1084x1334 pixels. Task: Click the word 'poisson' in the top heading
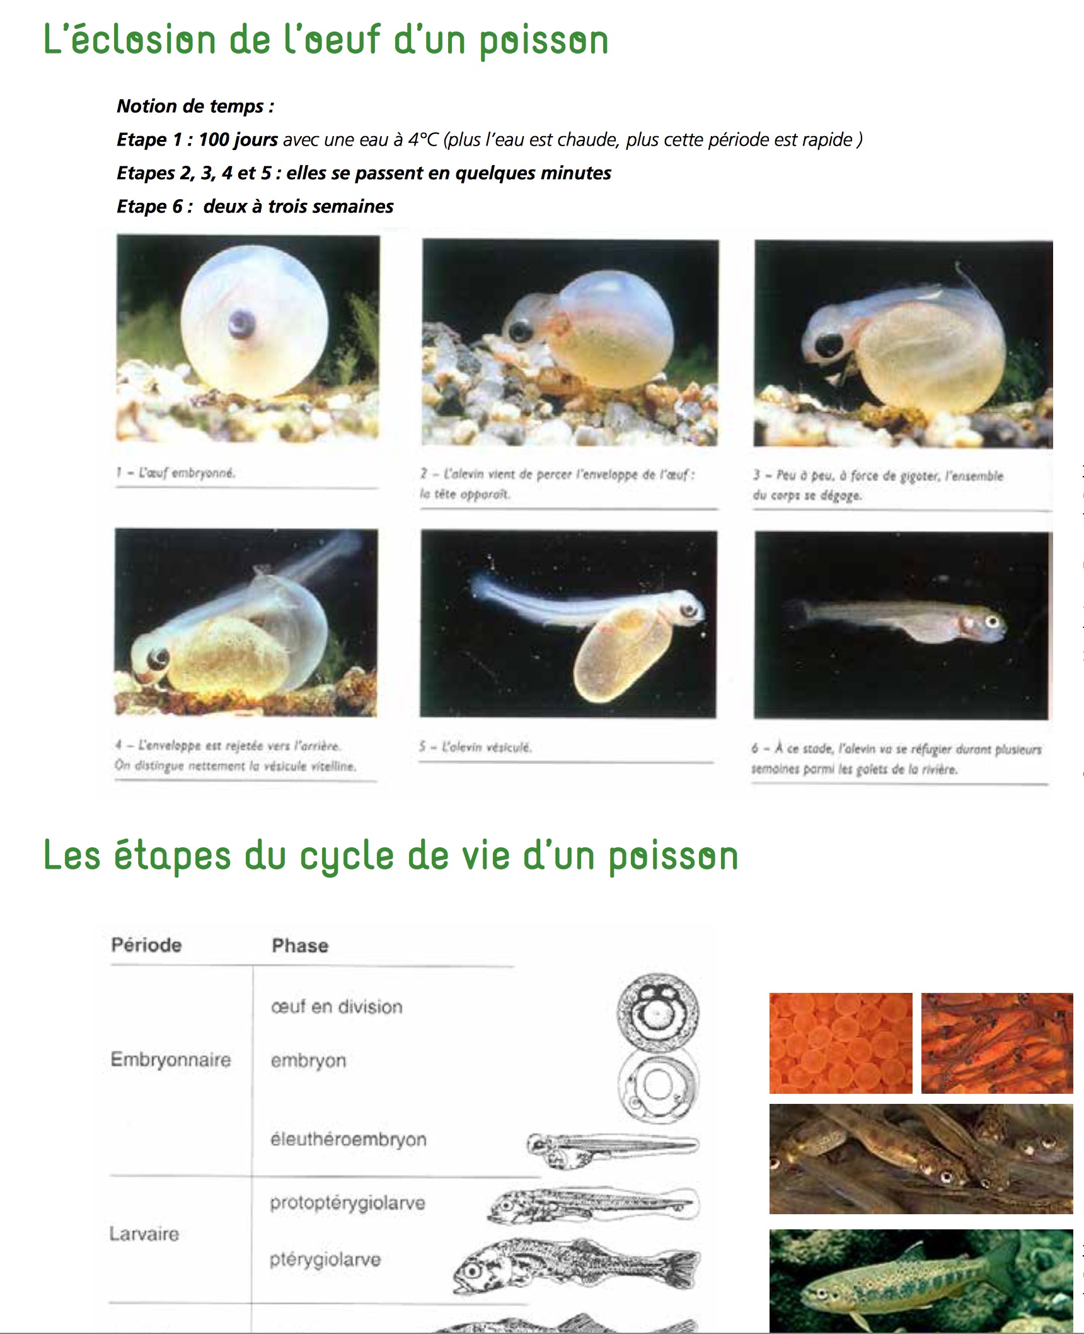[543, 40]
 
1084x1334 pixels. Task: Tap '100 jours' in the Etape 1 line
[238, 139]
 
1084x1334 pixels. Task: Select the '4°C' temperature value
[422, 139]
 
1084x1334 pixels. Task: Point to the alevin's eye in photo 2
[521, 330]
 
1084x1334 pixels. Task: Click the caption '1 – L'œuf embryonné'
[176, 473]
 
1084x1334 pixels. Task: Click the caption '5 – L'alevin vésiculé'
[476, 747]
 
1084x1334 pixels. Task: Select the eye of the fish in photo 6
[993, 622]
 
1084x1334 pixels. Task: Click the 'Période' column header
[146, 945]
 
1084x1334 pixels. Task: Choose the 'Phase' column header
[300, 946]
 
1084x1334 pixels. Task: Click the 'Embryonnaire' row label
[170, 1059]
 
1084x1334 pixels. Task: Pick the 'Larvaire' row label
[144, 1234]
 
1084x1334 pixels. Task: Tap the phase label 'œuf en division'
[337, 1007]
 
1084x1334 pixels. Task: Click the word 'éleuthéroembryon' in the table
[349, 1139]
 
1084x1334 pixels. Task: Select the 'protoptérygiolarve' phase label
[347, 1203]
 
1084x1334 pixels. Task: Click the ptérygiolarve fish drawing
[577, 1264]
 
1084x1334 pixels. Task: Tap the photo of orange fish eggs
[840, 1043]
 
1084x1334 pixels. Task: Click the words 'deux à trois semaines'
[298, 206]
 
